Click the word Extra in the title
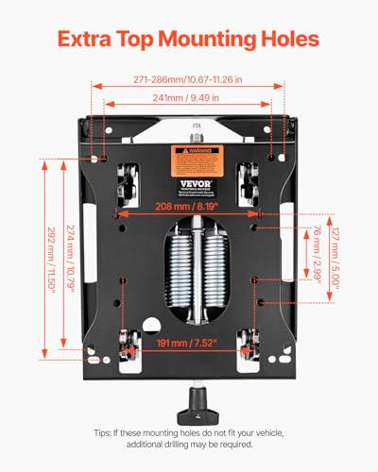pos(87,40)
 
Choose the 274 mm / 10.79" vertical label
pos(72,268)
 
